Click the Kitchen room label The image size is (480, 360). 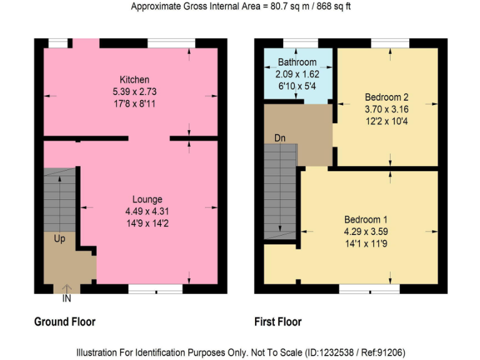point(134,79)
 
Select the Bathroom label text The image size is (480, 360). point(297,62)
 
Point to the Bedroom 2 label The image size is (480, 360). point(386,97)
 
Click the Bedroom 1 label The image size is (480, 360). point(366,219)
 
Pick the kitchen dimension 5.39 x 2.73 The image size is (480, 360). point(134,91)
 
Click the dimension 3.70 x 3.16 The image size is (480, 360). point(386,109)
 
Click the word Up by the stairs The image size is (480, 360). point(60,239)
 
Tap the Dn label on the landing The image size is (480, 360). point(279,137)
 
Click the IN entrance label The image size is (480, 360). point(67,299)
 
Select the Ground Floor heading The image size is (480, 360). point(64,322)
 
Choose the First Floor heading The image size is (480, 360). point(277,322)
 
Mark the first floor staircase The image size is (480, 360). point(279,194)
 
